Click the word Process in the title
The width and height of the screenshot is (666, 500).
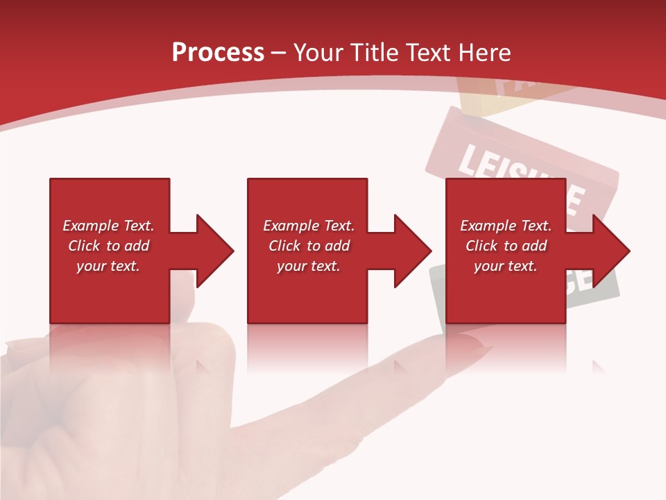(218, 53)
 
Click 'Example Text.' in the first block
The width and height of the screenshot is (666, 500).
(108, 226)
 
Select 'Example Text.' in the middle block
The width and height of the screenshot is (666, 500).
(309, 226)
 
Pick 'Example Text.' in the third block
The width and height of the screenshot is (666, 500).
(506, 226)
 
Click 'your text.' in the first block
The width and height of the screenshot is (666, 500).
(108, 266)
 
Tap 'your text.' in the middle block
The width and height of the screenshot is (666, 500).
(309, 266)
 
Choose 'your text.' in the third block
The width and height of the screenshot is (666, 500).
(506, 266)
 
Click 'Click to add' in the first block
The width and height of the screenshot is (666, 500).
(108, 246)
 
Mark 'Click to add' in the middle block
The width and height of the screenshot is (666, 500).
(309, 246)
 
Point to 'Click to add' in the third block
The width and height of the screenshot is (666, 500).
(506, 246)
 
